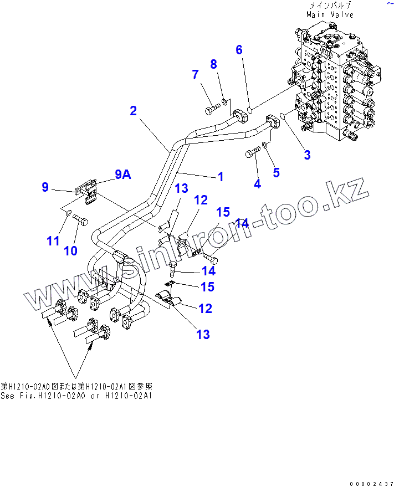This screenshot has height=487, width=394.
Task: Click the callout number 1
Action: tap(221, 177)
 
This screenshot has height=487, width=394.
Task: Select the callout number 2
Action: tap(133, 111)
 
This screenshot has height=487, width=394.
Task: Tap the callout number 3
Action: tap(307, 155)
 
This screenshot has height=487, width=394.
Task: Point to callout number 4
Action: tap(257, 184)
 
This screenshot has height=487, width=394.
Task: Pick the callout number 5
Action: tap(276, 172)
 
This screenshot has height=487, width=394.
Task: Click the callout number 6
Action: tap(239, 50)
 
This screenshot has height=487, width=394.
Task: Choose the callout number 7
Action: tap(195, 75)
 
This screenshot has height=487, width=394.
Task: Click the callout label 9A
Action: tap(122, 175)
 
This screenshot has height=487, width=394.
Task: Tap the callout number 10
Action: tap(70, 250)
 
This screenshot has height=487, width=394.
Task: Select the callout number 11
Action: tap(53, 241)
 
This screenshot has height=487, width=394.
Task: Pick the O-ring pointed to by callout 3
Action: tap(283, 116)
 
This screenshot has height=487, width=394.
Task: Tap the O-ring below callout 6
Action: tap(249, 109)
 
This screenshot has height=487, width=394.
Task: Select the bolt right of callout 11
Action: tap(80, 220)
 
